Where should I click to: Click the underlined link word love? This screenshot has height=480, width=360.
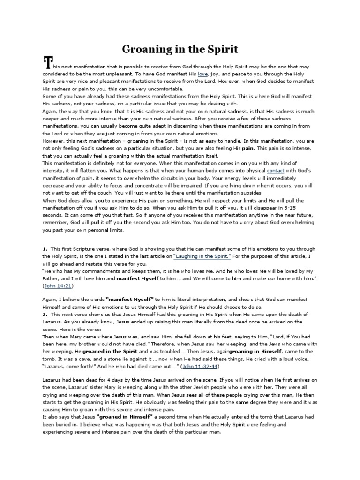[x=203, y=74]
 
